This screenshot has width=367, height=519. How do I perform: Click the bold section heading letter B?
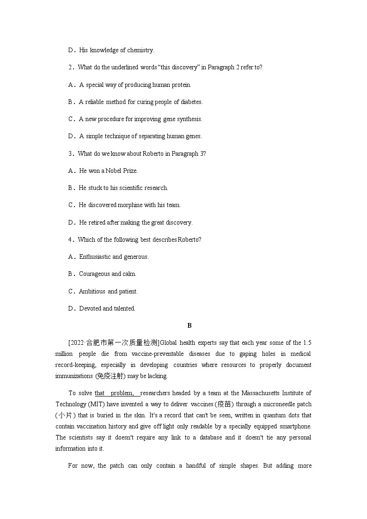(x=189, y=325)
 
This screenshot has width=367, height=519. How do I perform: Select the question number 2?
(x=71, y=67)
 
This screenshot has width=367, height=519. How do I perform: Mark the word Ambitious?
(x=92, y=291)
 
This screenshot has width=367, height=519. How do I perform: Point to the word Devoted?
(x=90, y=308)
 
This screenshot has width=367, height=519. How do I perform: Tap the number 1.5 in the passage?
(x=307, y=342)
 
